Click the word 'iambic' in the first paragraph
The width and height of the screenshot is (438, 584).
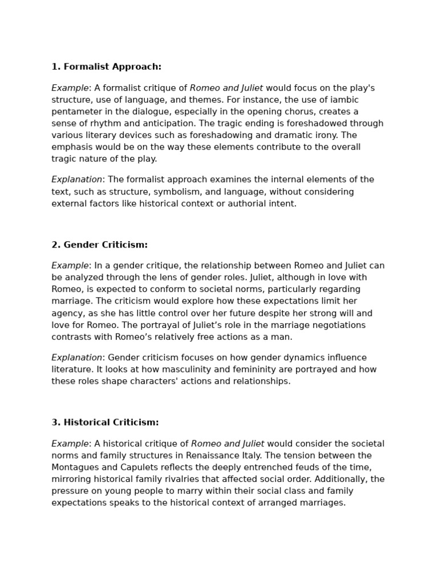pyautogui.click(x=344, y=100)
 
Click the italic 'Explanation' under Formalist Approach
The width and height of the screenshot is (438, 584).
pyautogui.click(x=76, y=180)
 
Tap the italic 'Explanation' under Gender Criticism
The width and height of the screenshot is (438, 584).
pyautogui.click(x=76, y=358)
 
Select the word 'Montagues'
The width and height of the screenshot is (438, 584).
pyautogui.click(x=75, y=468)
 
